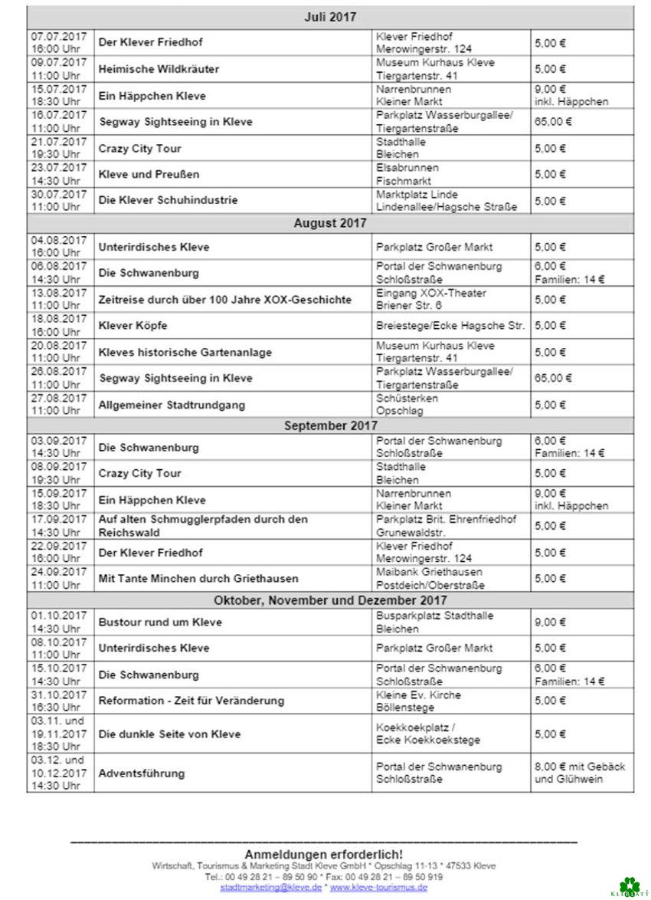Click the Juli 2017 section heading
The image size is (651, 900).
coord(329,17)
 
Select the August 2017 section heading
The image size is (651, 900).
coord(329,223)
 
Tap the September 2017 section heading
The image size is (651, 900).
coord(329,425)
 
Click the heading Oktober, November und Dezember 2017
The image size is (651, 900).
coord(329,600)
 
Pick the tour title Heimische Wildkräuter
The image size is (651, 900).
coord(159,69)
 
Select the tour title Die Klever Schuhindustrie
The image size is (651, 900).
coord(168,200)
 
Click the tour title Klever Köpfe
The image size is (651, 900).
coord(132,326)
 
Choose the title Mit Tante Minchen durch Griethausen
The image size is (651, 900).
coord(198,578)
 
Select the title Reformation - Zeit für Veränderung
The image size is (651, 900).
coord(191,701)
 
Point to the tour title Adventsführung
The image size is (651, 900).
coord(141,774)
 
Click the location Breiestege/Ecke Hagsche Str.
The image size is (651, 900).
coord(450,326)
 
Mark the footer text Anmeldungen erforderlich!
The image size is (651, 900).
coord(323,854)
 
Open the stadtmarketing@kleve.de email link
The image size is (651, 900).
coord(270,887)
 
